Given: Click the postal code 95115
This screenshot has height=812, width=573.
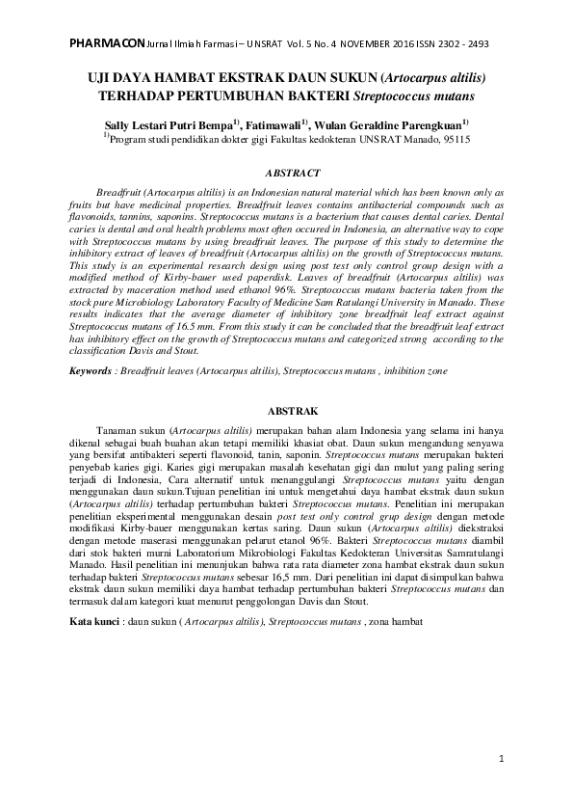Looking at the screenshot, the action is [x=455, y=139].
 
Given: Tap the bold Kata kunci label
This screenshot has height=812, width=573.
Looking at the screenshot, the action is [x=98, y=622].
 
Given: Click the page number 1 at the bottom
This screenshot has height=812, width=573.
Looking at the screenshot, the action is [x=502, y=760].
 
